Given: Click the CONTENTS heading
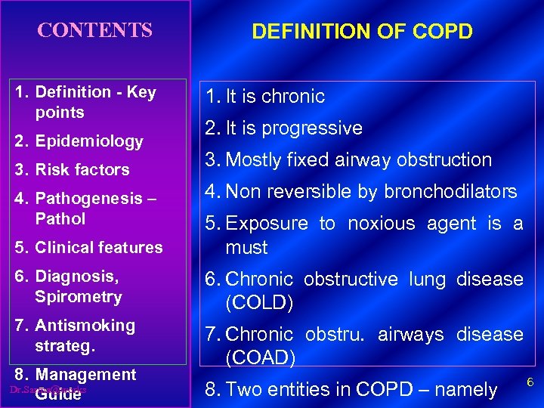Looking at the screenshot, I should [95, 31].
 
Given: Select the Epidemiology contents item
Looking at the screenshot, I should [88, 141].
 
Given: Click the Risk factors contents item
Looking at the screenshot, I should [82, 170].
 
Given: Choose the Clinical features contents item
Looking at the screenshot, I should [98, 247].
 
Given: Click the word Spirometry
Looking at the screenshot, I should [78, 297].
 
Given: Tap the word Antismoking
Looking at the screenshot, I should [85, 326].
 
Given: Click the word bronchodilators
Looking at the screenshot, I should [450, 192].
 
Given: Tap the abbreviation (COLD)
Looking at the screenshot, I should [259, 303].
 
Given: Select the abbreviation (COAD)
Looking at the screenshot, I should [260, 357].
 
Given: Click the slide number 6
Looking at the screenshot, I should [530, 383].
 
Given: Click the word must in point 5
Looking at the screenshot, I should [247, 248].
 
